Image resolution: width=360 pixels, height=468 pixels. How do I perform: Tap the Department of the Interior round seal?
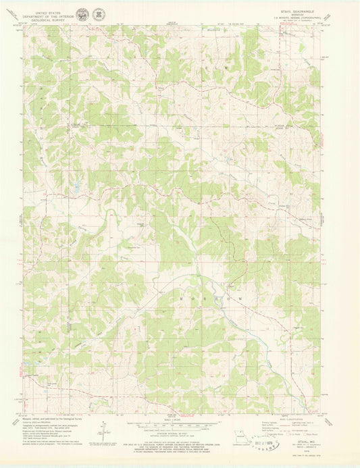[x=82, y=13]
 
